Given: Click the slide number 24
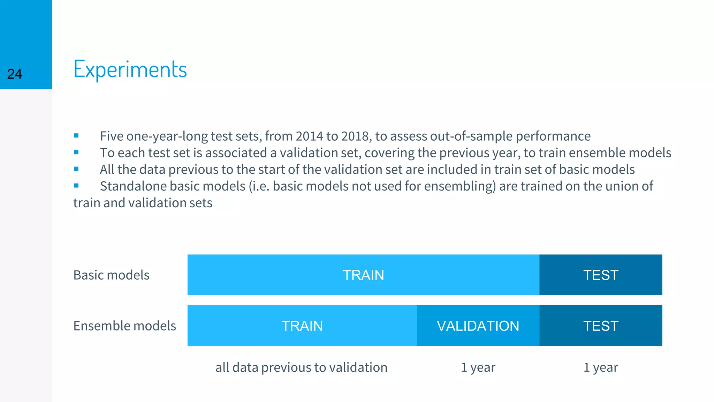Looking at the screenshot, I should pyautogui.click(x=15, y=74).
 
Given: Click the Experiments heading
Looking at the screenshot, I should pyautogui.click(x=130, y=69).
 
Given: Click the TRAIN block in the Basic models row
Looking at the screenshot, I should pyautogui.click(x=363, y=275).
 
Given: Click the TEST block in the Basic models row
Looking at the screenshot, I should pyautogui.click(x=600, y=275).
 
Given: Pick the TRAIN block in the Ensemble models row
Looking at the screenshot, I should pyautogui.click(x=302, y=326).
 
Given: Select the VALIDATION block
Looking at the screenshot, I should pyautogui.click(x=478, y=326).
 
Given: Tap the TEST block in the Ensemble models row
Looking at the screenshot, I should pyautogui.click(x=600, y=326).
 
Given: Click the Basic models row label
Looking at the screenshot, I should pyautogui.click(x=111, y=275).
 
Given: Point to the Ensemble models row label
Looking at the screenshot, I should pyautogui.click(x=124, y=326).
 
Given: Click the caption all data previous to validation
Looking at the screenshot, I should pyautogui.click(x=301, y=367).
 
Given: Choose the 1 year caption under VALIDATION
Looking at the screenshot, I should pyautogui.click(x=478, y=367).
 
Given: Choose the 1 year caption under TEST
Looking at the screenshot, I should pyautogui.click(x=600, y=367).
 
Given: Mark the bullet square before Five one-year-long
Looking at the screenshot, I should pyautogui.click(x=76, y=136).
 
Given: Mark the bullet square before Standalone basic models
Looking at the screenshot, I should pyautogui.click(x=76, y=186).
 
